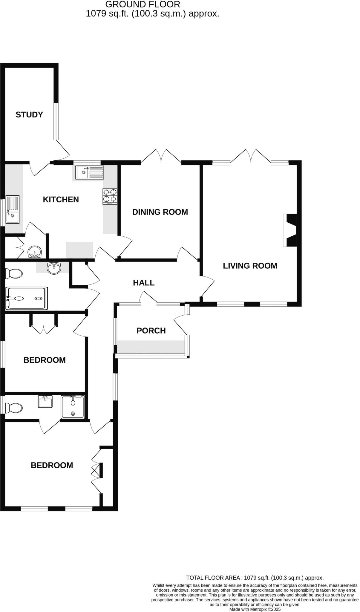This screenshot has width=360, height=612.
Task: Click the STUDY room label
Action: click(x=29, y=114)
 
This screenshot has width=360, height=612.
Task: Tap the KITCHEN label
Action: click(x=61, y=199)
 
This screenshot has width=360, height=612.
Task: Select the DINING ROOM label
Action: click(x=160, y=212)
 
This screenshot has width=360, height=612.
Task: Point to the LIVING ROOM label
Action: click(x=250, y=266)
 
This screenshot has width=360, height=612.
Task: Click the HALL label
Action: click(x=144, y=283)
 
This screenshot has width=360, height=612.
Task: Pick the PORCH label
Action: click(x=151, y=331)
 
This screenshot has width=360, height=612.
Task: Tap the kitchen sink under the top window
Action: click(x=89, y=172)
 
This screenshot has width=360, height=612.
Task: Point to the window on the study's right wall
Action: click(x=56, y=121)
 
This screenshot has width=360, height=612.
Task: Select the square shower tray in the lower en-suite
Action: click(x=73, y=407)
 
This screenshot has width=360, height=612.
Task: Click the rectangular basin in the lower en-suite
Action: click(x=45, y=401)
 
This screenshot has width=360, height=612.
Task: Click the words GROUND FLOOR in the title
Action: click(x=143, y=4)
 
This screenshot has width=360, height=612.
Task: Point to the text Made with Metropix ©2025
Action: click(x=255, y=609)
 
